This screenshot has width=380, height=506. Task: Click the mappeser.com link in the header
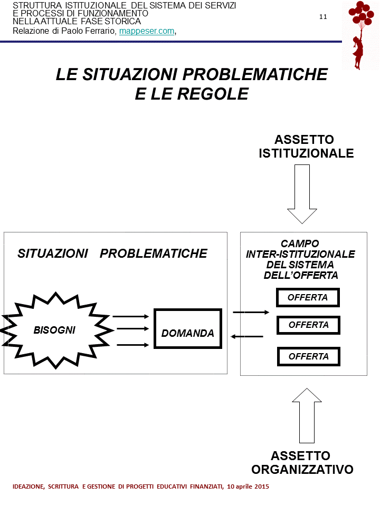coord(147,31)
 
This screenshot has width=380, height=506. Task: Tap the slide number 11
coord(323,16)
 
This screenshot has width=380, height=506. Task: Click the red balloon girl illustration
coord(360,35)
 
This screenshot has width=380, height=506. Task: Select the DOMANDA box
coord(187,328)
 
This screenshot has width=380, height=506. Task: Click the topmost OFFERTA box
coord(308,297)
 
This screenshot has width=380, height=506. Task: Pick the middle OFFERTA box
coord(308,325)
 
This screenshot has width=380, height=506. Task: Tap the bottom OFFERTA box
coord(308,356)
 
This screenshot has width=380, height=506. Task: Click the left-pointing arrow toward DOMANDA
coord(247,336)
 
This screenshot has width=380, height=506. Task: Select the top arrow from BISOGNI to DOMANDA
coord(131,316)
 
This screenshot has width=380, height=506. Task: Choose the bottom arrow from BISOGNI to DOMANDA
coord(131,345)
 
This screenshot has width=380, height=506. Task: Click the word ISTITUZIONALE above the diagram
coord(306,153)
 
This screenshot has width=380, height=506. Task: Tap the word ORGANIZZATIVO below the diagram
coord(302,469)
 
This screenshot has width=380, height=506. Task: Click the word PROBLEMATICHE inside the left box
coord(154,254)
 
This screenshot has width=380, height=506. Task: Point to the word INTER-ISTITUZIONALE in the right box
coord(300,254)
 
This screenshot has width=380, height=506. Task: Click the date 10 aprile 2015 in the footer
coord(248,486)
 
